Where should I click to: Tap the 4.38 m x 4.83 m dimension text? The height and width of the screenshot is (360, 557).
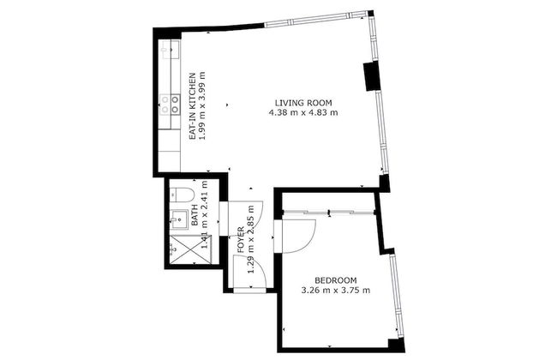pyautogui.click(x=302, y=112)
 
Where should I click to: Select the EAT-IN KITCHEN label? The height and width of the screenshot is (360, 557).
pyautogui.click(x=193, y=104)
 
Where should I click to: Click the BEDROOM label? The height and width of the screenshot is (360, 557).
pyautogui.click(x=335, y=280)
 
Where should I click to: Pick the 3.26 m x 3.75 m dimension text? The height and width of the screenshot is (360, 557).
pyautogui.click(x=335, y=291)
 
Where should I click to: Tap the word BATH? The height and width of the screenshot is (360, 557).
pyautogui.click(x=195, y=213)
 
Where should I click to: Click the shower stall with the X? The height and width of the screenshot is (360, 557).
pyautogui.click(x=181, y=249)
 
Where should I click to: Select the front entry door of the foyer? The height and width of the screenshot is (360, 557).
pyautogui.click(x=249, y=290)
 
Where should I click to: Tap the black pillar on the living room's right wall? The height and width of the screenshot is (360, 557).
pyautogui.click(x=371, y=76)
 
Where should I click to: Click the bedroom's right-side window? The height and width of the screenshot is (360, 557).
pyautogui.click(x=394, y=292)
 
